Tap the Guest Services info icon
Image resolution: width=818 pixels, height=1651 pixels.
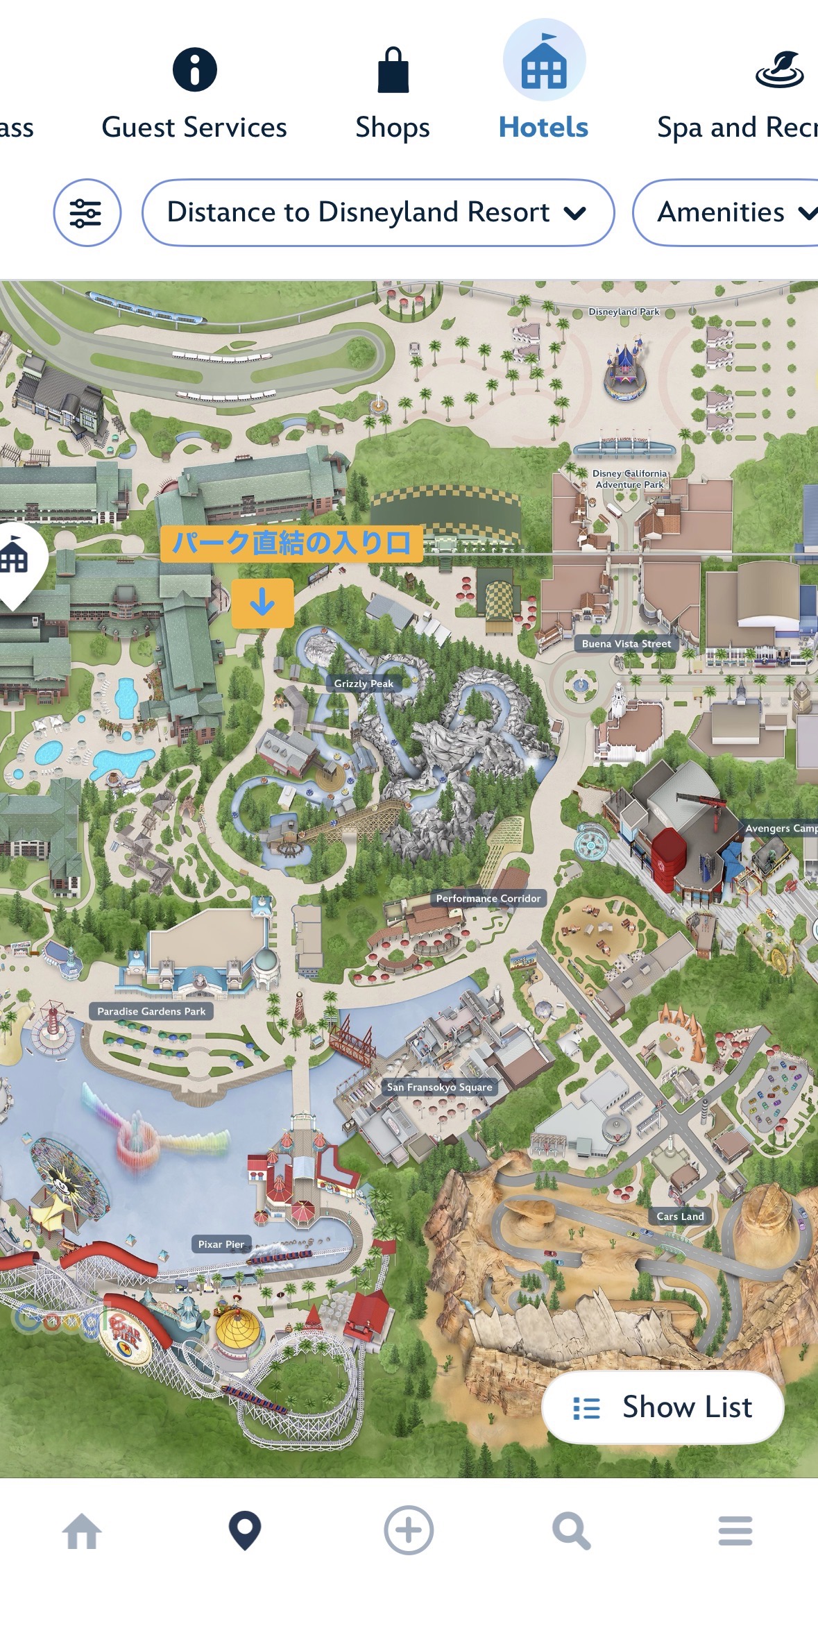pyautogui.click(x=194, y=69)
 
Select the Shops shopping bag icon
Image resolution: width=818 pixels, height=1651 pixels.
pyautogui.click(x=393, y=70)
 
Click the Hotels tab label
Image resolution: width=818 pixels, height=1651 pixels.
pyautogui.click(x=543, y=128)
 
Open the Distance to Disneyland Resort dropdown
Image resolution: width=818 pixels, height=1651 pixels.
pyautogui.click(x=377, y=212)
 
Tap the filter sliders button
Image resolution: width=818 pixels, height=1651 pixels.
pyautogui.click(x=87, y=212)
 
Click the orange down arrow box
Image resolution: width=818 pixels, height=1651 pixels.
pyautogui.click(x=262, y=602)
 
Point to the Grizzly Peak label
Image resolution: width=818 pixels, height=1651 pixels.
pyautogui.click(x=364, y=684)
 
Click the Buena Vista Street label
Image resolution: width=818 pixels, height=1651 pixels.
pyautogui.click(x=626, y=643)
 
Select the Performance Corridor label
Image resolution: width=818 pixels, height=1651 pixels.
pyautogui.click(x=488, y=898)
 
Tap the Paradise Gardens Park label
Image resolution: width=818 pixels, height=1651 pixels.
pyautogui.click(x=151, y=1011)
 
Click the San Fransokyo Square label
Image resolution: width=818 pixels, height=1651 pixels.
pyautogui.click(x=439, y=1087)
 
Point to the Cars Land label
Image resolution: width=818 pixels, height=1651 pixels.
pyautogui.click(x=680, y=1216)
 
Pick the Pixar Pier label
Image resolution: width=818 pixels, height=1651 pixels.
pyautogui.click(x=221, y=1244)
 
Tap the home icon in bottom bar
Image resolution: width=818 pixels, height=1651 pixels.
pyautogui.click(x=82, y=1531)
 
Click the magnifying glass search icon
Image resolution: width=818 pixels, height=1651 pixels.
pyautogui.click(x=571, y=1531)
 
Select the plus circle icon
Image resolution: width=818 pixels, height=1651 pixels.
pyautogui.click(x=409, y=1530)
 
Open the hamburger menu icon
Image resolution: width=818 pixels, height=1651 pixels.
pyautogui.click(x=735, y=1531)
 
